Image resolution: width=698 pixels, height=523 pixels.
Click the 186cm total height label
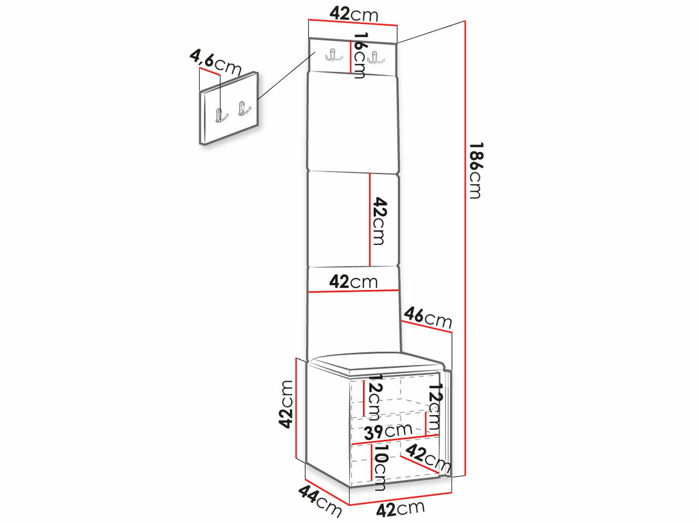click(476, 170)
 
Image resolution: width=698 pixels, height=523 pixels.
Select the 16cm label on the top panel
click(359, 55)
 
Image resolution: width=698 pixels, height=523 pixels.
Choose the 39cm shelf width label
click(388, 431)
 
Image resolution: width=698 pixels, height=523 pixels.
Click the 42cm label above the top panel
click(353, 14)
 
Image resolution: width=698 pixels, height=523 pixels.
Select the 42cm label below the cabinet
click(400, 509)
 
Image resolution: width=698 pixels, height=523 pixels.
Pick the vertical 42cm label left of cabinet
click(285, 404)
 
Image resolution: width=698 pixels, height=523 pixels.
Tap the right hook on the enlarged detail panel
click(243, 109)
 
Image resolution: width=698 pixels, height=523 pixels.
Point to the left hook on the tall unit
click(331, 55)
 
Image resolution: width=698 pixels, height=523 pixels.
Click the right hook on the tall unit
click(375, 57)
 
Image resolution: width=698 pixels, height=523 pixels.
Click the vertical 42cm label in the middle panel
click(379, 221)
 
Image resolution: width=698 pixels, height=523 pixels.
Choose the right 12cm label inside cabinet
click(435, 406)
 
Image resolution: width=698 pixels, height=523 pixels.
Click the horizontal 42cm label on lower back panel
click(353, 282)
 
